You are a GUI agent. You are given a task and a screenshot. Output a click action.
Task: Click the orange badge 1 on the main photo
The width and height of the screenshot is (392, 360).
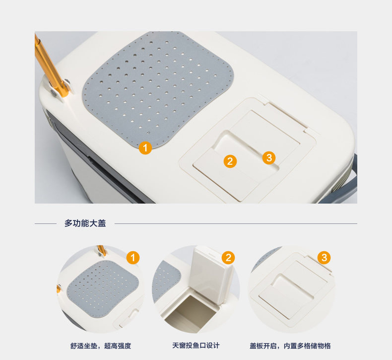145,147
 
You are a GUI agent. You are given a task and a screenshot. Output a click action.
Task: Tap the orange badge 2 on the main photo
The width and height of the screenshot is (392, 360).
230,161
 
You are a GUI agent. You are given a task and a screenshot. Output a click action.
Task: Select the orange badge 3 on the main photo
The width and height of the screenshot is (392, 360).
269,157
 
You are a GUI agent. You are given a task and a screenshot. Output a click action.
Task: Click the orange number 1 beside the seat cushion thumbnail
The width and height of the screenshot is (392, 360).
133,258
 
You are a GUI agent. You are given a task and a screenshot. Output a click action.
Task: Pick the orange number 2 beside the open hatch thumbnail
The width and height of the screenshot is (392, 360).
228,258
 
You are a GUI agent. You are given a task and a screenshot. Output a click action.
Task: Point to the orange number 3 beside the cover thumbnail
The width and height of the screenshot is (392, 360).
324,258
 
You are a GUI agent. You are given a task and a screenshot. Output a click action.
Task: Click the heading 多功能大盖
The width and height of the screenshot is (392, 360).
85,223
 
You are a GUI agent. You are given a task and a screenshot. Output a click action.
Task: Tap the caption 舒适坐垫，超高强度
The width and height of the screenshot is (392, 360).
101,346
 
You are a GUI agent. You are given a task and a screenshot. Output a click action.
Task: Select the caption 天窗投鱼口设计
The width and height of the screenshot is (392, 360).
196,346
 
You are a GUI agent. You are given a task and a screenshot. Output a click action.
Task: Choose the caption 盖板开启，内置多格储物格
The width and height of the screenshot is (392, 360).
290,346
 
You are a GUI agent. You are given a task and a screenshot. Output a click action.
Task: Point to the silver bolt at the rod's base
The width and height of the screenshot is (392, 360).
54,93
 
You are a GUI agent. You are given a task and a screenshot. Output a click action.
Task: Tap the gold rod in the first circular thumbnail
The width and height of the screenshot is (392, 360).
102,250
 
